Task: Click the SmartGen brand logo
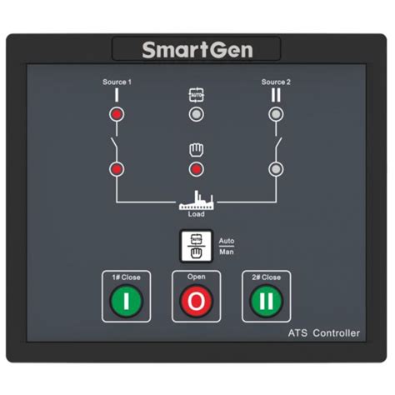[197, 50]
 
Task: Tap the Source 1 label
[117, 82]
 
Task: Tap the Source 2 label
[276, 82]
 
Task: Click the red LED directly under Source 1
[117, 114]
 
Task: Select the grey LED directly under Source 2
[276, 114]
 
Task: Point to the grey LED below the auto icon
[197, 114]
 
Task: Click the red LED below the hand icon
[197, 169]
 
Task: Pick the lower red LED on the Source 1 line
[117, 169]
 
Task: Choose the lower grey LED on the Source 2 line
[276, 169]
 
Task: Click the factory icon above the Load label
[197, 200]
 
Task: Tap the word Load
[197, 214]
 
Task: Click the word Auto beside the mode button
[227, 241]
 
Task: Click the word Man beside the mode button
[227, 252]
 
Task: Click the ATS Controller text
[324, 332]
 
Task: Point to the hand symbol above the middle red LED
[197, 150]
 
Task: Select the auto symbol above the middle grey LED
[197, 95]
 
